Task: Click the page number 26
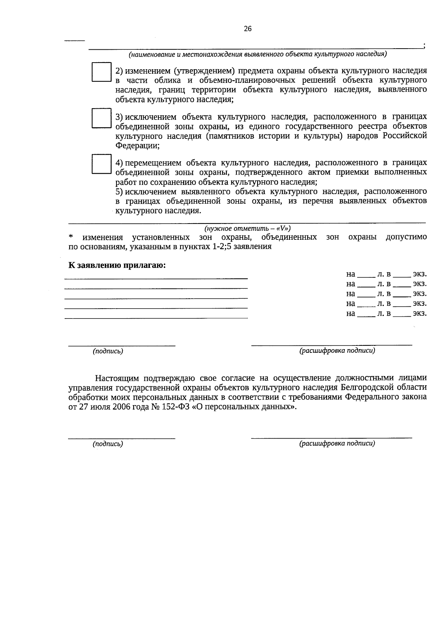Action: pyautogui.click(x=248, y=29)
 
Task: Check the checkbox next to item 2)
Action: pyautogui.click(x=101, y=72)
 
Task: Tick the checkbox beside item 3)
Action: pyautogui.click(x=101, y=118)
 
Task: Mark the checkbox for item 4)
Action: pyautogui.click(x=101, y=164)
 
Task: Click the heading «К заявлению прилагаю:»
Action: pyautogui.click(x=117, y=265)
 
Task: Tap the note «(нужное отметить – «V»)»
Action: pyautogui.click(x=248, y=228)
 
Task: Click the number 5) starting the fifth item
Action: pyautogui.click(x=119, y=192)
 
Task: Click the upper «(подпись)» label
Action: pyautogui.click(x=108, y=351)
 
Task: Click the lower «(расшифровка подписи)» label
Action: pyautogui.click(x=337, y=443)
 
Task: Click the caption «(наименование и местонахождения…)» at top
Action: pyautogui.click(x=257, y=55)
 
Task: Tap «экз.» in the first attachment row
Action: pyautogui.click(x=420, y=274)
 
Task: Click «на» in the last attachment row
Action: pyautogui.click(x=351, y=314)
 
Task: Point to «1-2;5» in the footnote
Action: pyautogui.click(x=222, y=247)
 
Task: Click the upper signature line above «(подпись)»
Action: pyautogui.click(x=122, y=345)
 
